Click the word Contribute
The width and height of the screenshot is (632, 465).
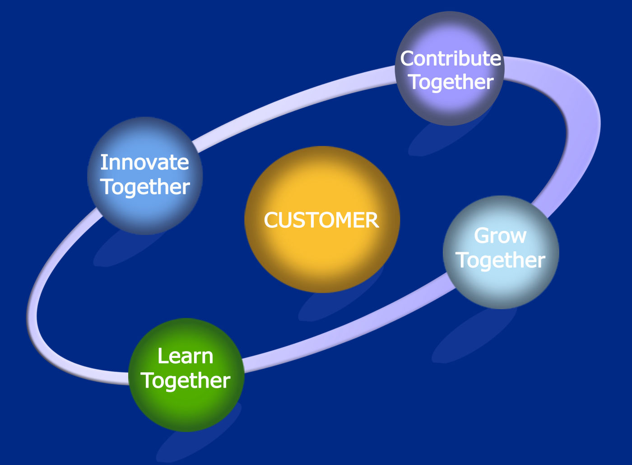(451, 59)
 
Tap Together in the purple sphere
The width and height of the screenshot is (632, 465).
(451, 82)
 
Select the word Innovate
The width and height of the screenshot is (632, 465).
(144, 162)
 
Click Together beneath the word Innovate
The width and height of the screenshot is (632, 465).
(145, 187)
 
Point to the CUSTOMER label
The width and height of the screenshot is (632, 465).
(321, 221)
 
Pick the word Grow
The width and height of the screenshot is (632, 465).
(500, 236)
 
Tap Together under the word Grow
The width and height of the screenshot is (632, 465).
(500, 260)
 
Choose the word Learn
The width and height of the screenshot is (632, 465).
(185, 357)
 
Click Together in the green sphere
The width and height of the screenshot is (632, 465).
(186, 380)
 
